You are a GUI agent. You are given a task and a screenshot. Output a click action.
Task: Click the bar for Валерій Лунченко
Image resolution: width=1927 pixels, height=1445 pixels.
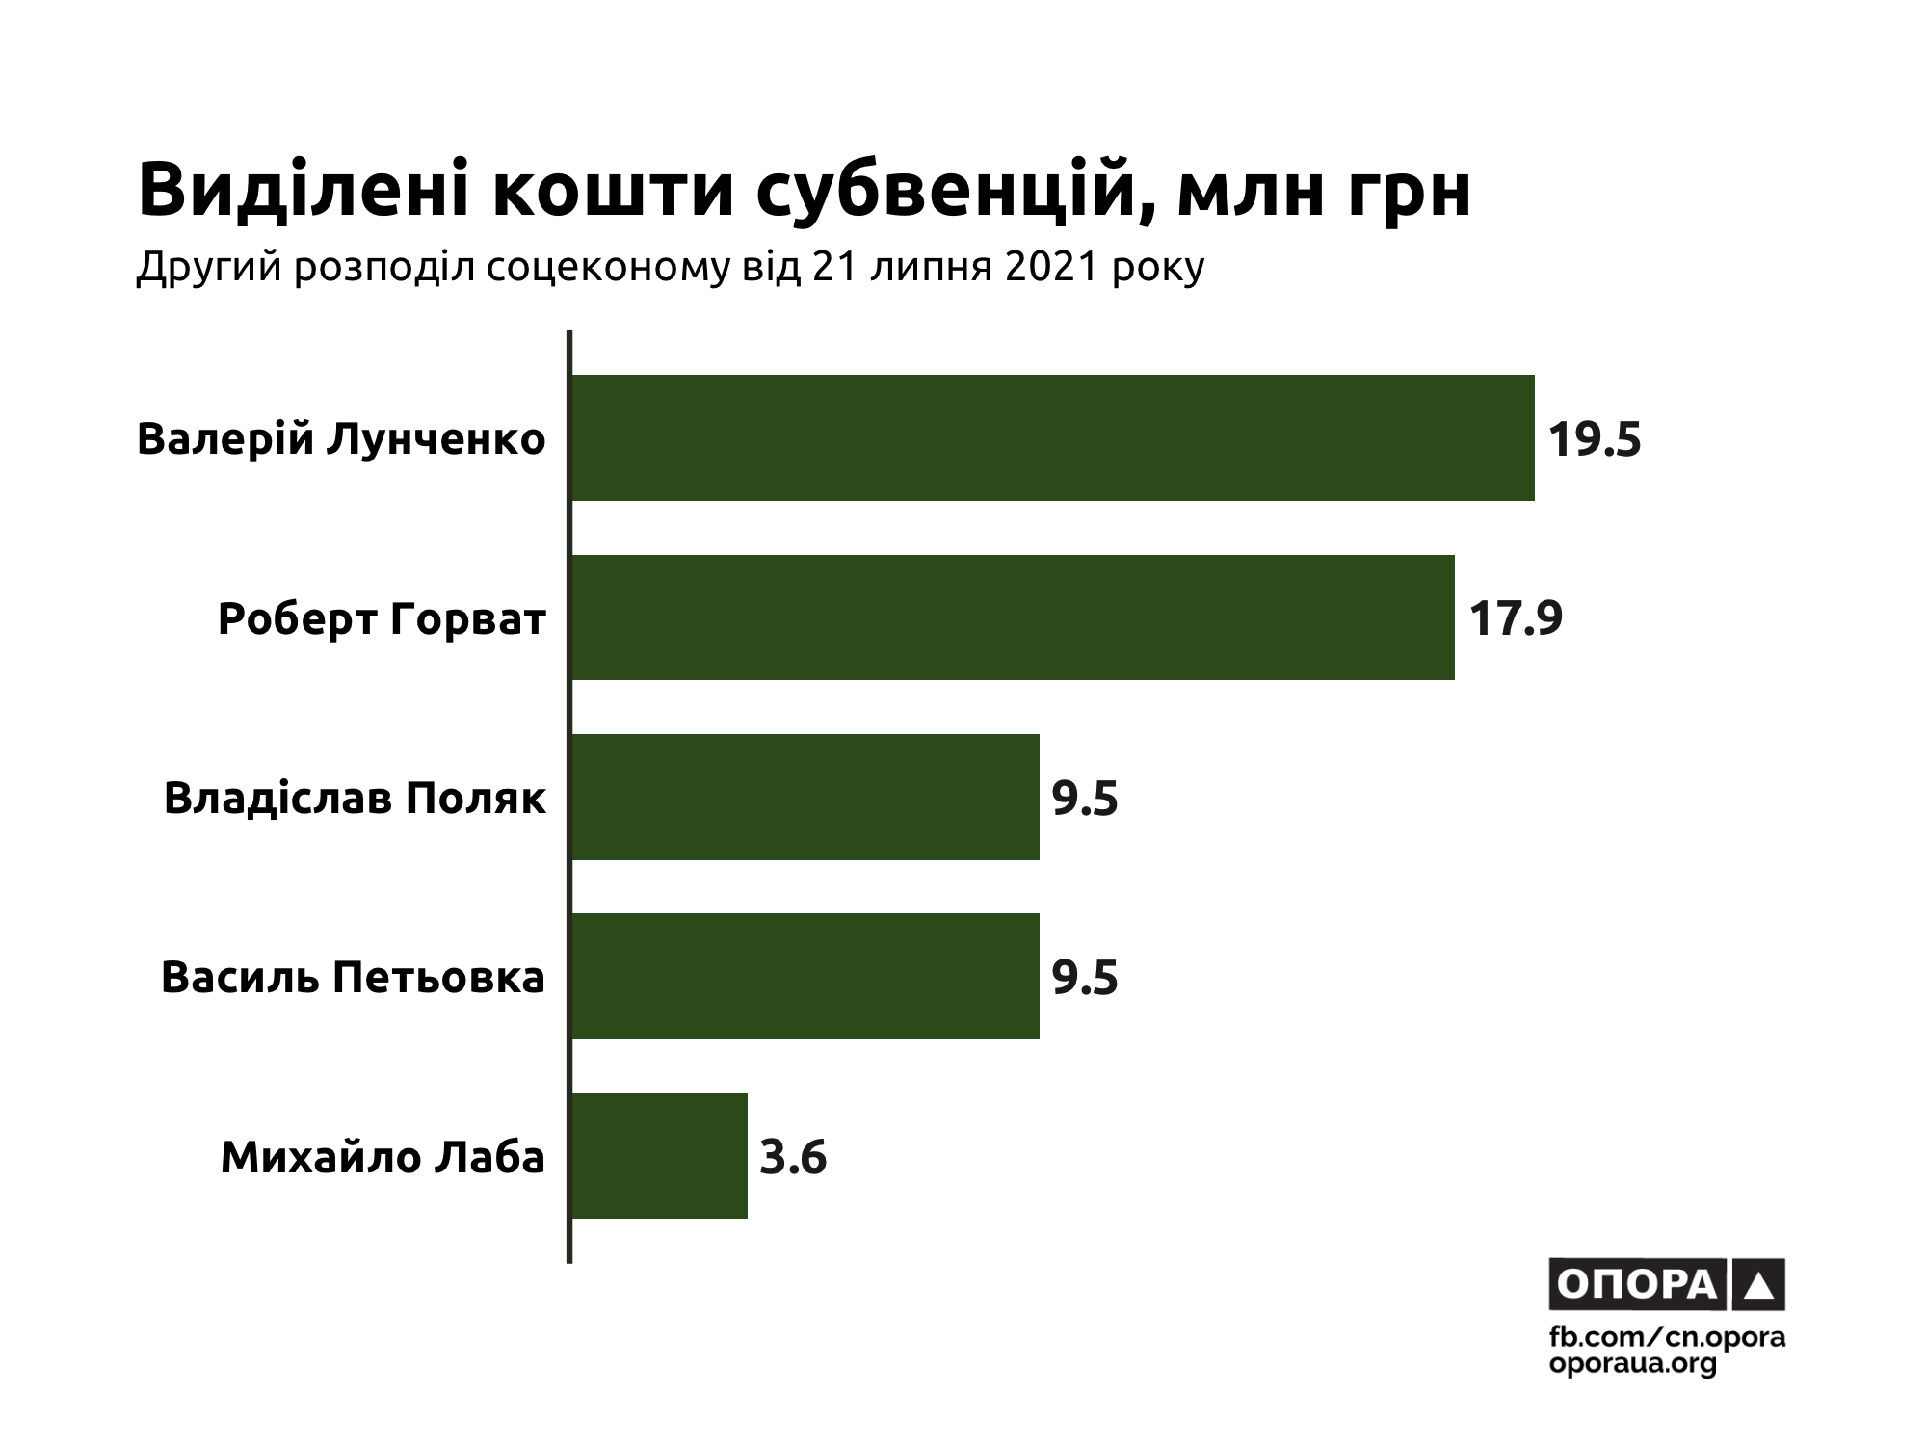pyautogui.click(x=1052, y=437)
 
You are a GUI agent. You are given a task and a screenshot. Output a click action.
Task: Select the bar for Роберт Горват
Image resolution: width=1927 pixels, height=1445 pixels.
pyautogui.click(x=1012, y=617)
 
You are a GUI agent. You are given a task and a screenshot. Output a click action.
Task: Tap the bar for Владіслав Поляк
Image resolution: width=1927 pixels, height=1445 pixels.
pyautogui.click(x=805, y=797)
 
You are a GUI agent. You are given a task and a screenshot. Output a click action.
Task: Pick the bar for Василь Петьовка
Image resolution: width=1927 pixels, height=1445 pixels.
pyautogui.click(x=805, y=976)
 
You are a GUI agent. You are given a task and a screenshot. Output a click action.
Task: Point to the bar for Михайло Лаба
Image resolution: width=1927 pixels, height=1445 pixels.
pyautogui.click(x=659, y=1156)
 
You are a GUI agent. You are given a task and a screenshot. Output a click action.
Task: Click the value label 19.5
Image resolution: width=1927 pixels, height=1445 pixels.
pyautogui.click(x=1594, y=439)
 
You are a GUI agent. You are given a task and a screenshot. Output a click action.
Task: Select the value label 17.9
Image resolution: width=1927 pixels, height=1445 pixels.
pyautogui.click(x=1515, y=618)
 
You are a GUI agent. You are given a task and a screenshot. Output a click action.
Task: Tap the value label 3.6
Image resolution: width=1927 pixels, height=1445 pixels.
pyautogui.click(x=793, y=1157)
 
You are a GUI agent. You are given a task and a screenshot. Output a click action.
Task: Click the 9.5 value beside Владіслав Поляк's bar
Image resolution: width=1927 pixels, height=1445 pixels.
pyautogui.click(x=1085, y=799)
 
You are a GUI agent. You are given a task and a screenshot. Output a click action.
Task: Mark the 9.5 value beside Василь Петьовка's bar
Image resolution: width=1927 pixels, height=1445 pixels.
pyautogui.click(x=1085, y=978)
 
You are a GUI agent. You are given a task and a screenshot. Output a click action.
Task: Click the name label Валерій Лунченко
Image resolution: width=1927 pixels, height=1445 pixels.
pyautogui.click(x=341, y=439)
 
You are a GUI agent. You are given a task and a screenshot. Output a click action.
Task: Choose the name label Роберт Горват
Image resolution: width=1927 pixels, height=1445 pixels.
pyautogui.click(x=382, y=618)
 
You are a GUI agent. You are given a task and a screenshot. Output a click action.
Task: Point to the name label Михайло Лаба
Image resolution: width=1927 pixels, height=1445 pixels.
pyautogui.click(x=383, y=1157)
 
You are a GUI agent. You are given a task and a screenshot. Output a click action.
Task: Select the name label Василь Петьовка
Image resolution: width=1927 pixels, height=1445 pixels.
pyautogui.click(x=353, y=978)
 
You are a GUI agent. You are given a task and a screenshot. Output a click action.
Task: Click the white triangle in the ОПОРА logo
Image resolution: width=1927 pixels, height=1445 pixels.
pyautogui.click(x=1758, y=1285)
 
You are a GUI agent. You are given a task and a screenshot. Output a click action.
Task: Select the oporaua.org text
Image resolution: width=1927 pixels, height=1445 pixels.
pyautogui.click(x=1633, y=1364)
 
